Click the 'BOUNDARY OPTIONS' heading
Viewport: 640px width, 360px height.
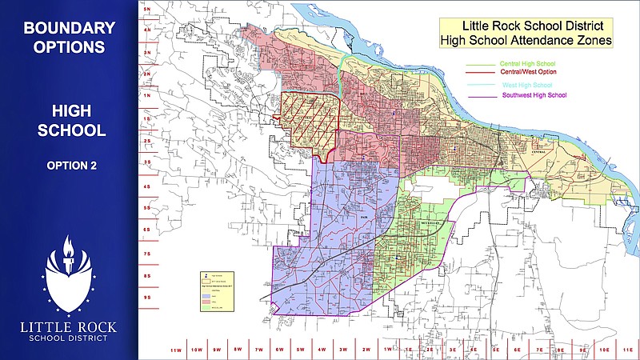69,38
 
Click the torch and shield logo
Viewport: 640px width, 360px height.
69,276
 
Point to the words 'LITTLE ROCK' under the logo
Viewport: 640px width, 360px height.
69,326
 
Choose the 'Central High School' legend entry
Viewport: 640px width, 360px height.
527,63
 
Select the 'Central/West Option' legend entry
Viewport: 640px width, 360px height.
529,72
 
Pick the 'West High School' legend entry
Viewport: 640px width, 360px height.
528,84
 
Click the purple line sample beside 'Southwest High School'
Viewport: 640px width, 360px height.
482,97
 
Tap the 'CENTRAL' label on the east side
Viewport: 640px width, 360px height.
538,147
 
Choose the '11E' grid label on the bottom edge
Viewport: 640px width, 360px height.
626,350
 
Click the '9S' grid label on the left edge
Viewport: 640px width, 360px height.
147,297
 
